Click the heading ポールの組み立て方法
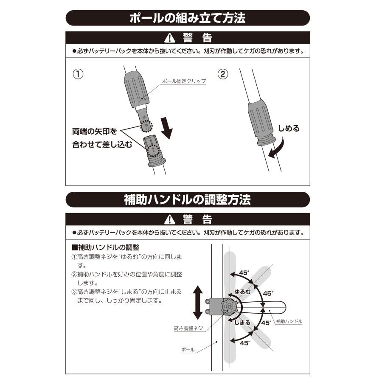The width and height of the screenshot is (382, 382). [188, 19]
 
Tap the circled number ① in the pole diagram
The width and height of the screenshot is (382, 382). [78, 74]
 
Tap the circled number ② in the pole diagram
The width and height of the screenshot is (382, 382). [223, 74]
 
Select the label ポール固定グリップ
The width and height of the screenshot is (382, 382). [183, 81]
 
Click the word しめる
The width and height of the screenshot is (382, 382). [289, 128]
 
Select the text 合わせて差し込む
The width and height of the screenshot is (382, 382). [102, 145]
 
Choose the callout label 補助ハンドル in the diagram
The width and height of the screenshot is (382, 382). [289, 321]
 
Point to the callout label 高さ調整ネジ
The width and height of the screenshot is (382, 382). [188, 328]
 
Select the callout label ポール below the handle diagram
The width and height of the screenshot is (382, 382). [188, 350]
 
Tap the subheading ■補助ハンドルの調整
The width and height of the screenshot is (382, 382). [106, 247]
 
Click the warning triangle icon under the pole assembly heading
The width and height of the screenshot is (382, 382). [170, 38]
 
